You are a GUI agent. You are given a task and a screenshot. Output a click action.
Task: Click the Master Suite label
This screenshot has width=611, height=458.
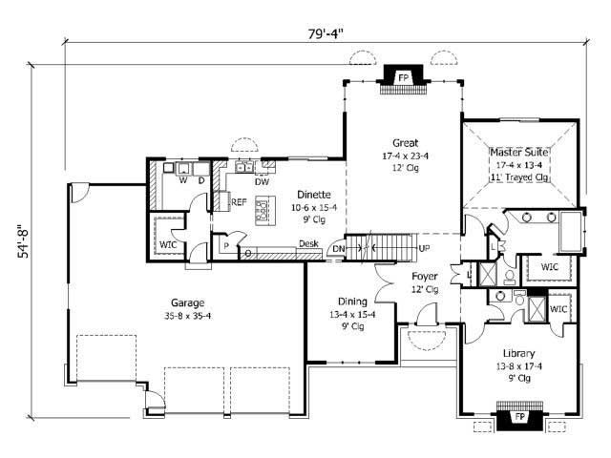[x=519, y=152]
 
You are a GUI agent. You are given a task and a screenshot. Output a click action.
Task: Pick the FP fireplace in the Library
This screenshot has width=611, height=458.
[x=520, y=417]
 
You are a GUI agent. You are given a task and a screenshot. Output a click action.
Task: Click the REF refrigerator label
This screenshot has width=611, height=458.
[x=238, y=202]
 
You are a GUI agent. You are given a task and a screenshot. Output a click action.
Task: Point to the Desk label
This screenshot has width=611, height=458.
[x=307, y=243]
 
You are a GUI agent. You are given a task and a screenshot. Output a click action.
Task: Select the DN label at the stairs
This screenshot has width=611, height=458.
[x=338, y=250]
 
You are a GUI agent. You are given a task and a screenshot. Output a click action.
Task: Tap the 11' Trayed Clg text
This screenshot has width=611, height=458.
[x=519, y=177]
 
